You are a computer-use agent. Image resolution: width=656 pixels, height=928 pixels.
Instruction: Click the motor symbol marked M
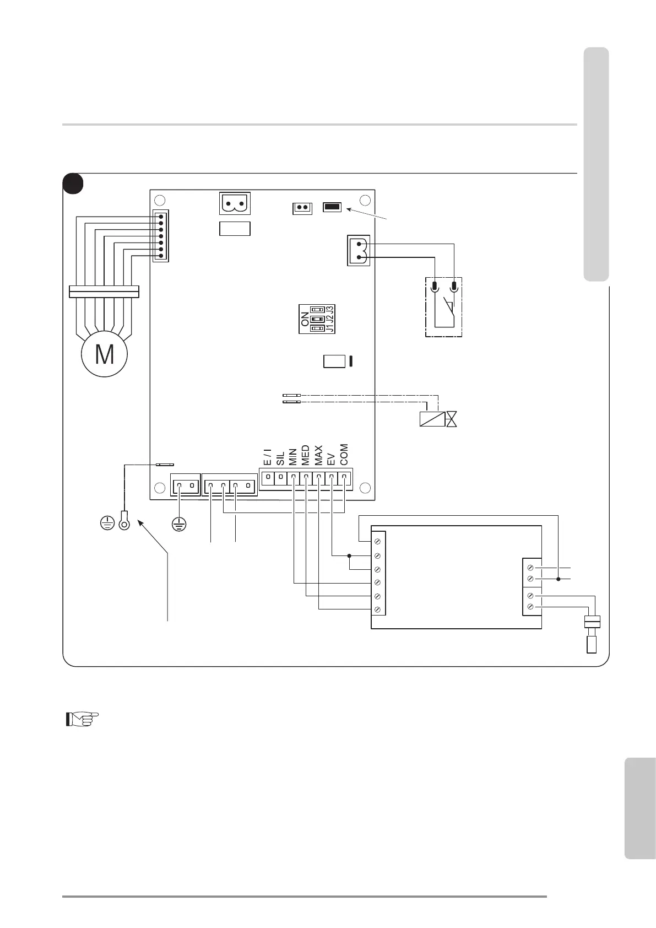click(x=105, y=354)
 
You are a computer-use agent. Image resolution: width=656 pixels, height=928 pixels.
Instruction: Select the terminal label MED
click(x=305, y=456)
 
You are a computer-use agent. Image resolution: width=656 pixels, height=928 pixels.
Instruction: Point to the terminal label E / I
click(x=267, y=457)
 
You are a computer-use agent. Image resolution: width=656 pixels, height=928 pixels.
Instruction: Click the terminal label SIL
click(x=280, y=458)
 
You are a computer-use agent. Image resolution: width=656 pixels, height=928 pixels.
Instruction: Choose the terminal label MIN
click(x=292, y=457)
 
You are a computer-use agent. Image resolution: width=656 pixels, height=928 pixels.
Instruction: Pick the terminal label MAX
click(x=318, y=456)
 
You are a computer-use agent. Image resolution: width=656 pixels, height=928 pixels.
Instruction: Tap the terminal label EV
click(x=331, y=460)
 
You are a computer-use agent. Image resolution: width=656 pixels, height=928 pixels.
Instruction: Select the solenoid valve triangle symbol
click(x=452, y=419)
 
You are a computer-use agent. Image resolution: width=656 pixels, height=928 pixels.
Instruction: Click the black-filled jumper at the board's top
click(x=332, y=207)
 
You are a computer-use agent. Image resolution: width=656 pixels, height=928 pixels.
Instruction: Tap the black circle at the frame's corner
click(x=73, y=184)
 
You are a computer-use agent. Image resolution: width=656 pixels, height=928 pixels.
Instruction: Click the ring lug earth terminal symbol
click(x=124, y=521)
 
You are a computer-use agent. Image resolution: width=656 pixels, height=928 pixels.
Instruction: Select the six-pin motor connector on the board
click(x=161, y=236)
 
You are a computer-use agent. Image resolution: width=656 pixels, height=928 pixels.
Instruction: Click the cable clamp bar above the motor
click(x=104, y=291)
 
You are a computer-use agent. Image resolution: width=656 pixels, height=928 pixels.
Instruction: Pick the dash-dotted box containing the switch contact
click(x=443, y=307)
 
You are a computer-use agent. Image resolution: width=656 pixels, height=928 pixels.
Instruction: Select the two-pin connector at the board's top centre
click(x=235, y=203)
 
